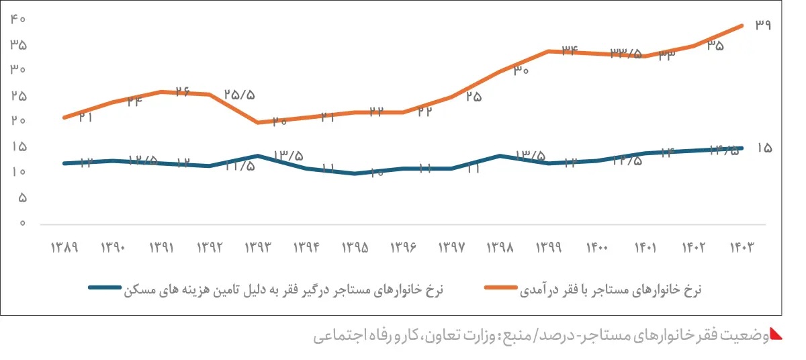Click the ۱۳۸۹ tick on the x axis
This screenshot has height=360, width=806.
(64, 247)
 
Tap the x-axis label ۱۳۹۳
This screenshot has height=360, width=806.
(258, 247)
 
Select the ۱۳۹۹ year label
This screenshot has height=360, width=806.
(549, 247)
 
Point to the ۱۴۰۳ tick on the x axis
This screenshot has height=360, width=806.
(742, 247)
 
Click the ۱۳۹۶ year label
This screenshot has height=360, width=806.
(404, 247)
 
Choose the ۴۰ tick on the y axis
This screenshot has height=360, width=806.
(18, 19)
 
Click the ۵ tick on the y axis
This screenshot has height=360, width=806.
(22, 197)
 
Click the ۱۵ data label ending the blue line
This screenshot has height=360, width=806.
(764, 148)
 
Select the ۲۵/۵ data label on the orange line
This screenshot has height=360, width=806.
(240, 95)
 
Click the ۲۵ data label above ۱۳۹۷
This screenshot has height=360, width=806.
(474, 97)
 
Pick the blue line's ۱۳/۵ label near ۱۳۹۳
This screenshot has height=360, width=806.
(287, 156)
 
